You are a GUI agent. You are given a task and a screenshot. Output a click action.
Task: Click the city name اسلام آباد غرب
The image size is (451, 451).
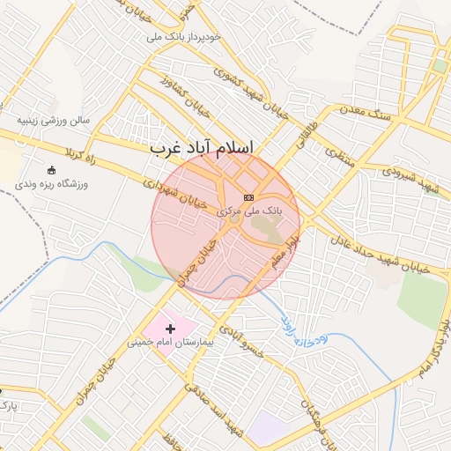click(214, 149)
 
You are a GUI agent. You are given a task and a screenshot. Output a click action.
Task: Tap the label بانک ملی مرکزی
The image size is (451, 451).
click(249, 211)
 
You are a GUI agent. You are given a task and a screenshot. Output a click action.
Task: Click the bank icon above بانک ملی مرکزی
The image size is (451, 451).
click(248, 197)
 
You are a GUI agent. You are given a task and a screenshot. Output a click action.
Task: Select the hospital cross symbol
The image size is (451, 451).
click(171, 329)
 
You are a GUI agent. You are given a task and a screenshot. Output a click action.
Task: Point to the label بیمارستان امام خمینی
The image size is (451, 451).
click(172, 341)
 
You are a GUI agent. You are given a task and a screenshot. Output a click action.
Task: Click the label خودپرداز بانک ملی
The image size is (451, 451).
click(195, 38)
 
